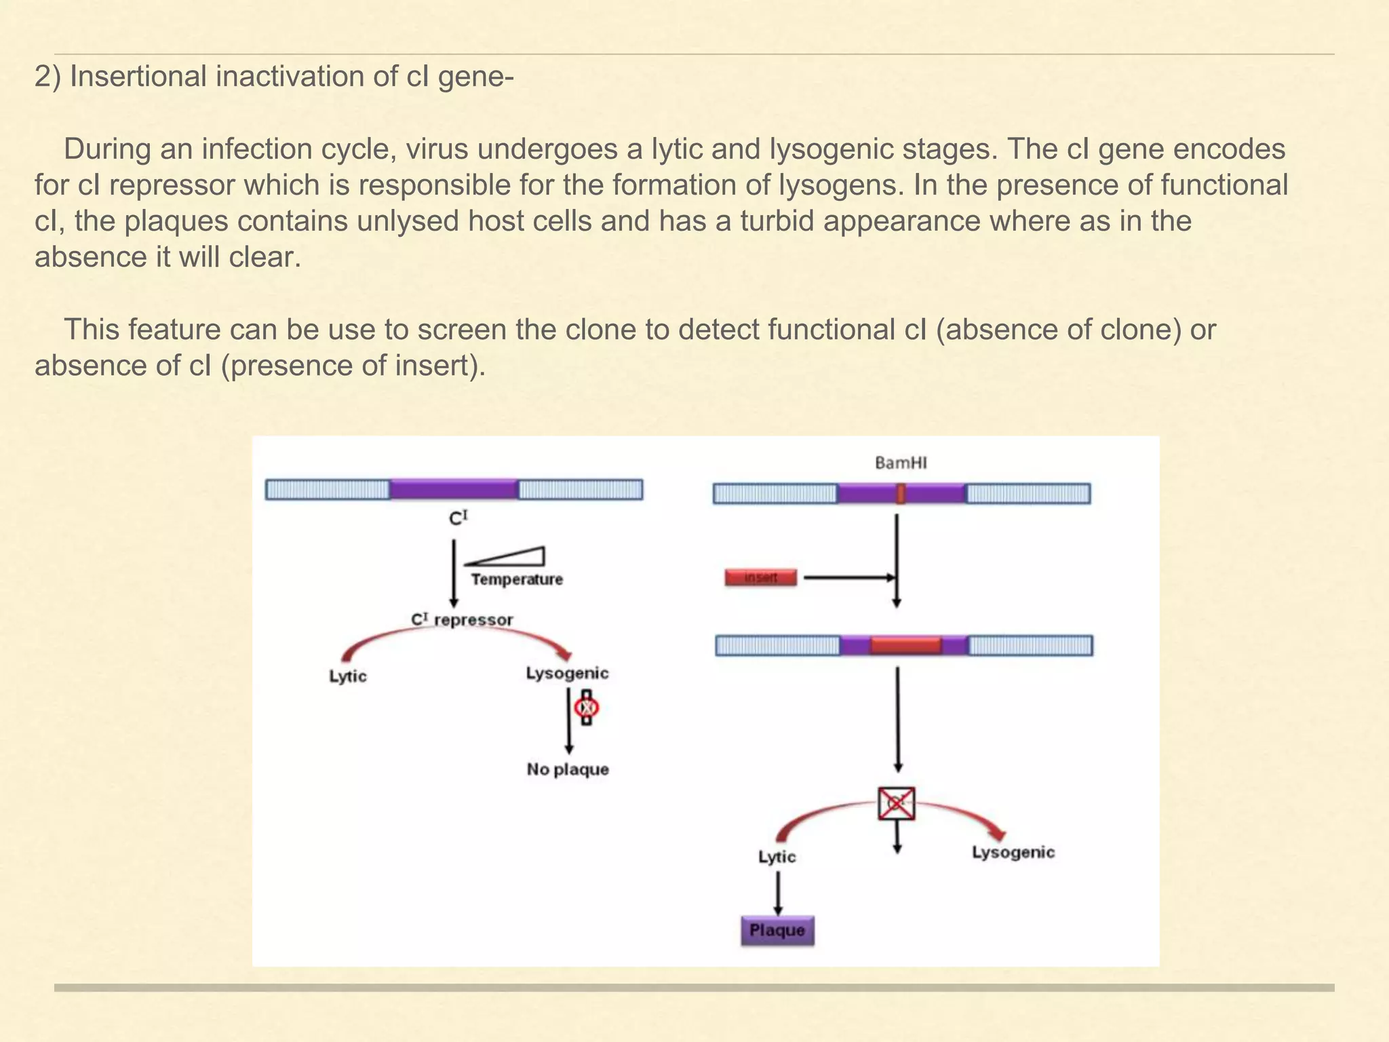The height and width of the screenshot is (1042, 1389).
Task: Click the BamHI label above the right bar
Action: (901, 463)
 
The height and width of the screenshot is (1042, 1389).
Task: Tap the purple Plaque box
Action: (777, 931)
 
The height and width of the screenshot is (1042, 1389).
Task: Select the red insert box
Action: (760, 578)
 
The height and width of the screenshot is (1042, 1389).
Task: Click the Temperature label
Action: (517, 579)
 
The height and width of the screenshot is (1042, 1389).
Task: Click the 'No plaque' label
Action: (568, 769)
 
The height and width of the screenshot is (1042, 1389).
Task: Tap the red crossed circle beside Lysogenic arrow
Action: (586, 708)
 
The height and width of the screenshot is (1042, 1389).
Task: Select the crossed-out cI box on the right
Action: (896, 804)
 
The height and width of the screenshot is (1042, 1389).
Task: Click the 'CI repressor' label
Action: (462, 619)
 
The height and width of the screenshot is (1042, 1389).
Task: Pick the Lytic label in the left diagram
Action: (347, 676)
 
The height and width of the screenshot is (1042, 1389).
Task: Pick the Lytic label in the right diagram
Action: (777, 857)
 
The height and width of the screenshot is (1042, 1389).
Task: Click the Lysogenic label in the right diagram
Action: (1013, 852)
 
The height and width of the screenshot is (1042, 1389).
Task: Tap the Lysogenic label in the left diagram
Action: (567, 673)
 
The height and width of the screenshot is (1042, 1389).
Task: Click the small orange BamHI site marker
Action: (901, 493)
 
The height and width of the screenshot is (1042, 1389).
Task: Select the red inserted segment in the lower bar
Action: (905, 645)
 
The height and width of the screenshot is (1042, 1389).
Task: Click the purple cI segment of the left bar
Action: (454, 489)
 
